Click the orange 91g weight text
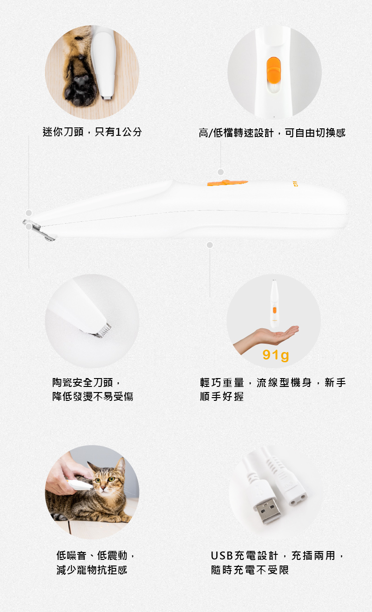[276, 355]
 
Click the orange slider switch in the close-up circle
[274, 70]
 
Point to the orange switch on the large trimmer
[227, 182]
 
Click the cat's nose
[103, 487]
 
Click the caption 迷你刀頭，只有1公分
[93, 132]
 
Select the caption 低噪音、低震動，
[96, 555]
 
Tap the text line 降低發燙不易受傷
[93, 396]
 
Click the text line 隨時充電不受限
[250, 570]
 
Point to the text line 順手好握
[221, 396]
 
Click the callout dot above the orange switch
[221, 172]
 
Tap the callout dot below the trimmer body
[210, 245]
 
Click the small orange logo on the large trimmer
[295, 184]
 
